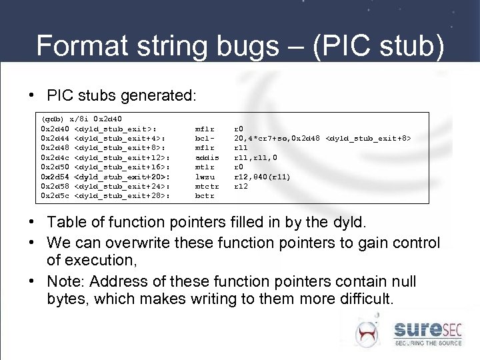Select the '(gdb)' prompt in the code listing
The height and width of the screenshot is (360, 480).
click(x=54, y=117)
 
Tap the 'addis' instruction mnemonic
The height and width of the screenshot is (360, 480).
click(x=207, y=157)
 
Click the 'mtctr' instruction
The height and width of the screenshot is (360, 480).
click(x=206, y=187)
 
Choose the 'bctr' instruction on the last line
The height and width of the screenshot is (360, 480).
click(x=204, y=196)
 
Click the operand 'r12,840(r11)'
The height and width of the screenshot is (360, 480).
click(x=262, y=177)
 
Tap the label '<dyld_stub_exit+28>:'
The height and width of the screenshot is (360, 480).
click(x=123, y=196)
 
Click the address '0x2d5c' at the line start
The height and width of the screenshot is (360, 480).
click(x=56, y=196)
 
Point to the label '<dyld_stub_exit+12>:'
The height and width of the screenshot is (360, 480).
click(x=123, y=157)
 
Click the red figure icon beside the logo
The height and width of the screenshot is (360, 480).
click(x=366, y=331)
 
